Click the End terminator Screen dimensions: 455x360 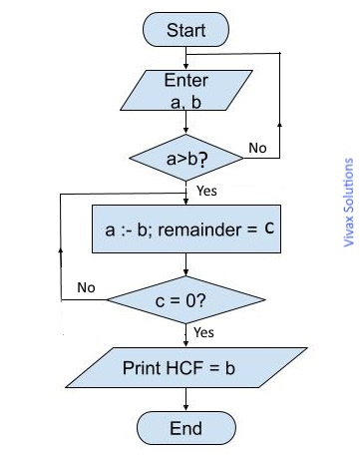(x=185, y=428)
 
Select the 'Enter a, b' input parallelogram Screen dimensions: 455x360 (x=185, y=91)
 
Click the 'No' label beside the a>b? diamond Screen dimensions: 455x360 (x=257, y=149)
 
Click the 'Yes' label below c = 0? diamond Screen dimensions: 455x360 (x=203, y=331)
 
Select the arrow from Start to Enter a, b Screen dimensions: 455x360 (x=185, y=57)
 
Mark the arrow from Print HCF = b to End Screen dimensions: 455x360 (x=185, y=399)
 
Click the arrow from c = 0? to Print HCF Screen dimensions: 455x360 (x=185, y=333)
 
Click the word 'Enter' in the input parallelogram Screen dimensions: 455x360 (x=185, y=80)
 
